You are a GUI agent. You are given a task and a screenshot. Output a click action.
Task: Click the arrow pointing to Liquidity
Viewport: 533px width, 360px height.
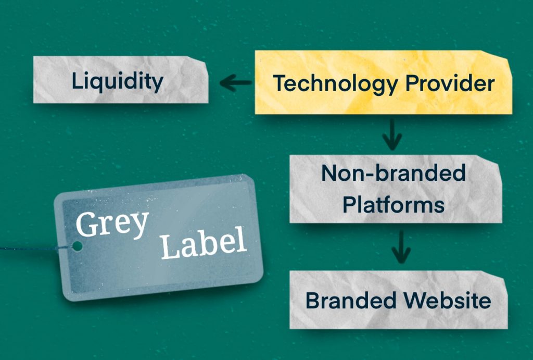click(235, 82)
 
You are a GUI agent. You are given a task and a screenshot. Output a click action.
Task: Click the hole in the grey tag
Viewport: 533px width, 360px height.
click(77, 245)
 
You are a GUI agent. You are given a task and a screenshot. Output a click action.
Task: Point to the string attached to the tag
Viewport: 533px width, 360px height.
click(26, 247)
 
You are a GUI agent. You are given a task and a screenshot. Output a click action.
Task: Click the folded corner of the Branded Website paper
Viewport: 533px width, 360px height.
click(501, 279)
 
